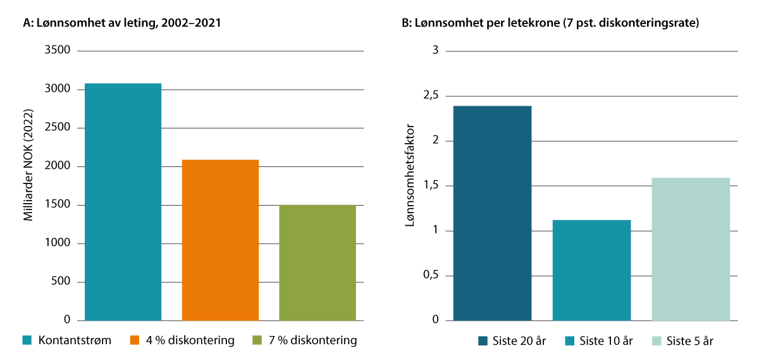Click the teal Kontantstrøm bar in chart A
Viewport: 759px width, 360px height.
tap(123, 202)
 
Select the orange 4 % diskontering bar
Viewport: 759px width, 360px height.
tap(220, 240)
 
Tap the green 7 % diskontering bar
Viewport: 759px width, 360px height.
tap(318, 263)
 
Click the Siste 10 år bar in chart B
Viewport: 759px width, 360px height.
tap(591, 270)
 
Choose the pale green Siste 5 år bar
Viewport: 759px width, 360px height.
tap(691, 249)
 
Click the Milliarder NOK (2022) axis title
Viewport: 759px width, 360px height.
tap(28, 167)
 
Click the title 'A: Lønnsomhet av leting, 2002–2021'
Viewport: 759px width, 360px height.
tap(122, 23)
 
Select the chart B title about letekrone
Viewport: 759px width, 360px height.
tap(550, 23)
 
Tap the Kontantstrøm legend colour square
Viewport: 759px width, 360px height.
tap(27, 340)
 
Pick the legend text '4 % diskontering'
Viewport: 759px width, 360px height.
tap(190, 340)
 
